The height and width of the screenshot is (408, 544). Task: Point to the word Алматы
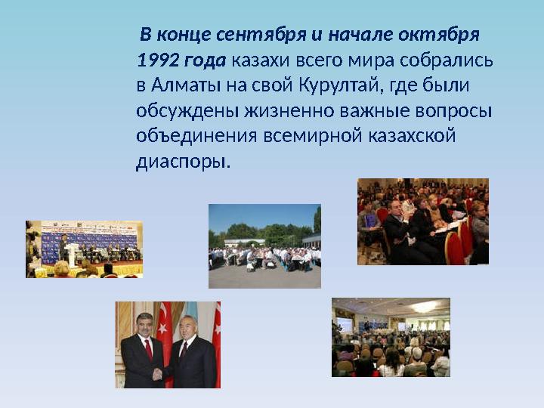coord(182,86)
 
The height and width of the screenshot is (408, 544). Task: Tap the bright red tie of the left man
coord(147,349)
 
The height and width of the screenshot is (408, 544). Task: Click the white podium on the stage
coord(73,255)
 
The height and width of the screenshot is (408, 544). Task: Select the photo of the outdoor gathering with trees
coord(264,246)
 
